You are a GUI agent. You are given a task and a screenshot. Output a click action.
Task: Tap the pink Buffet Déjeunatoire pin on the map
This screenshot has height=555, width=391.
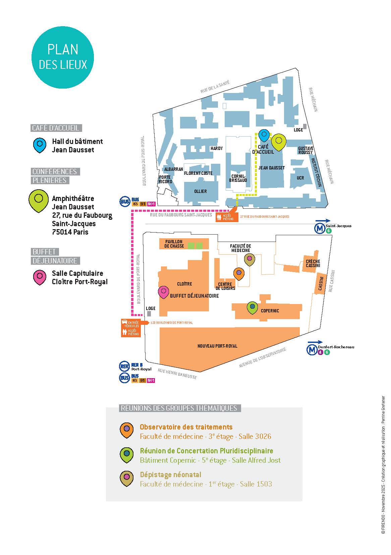[163, 292]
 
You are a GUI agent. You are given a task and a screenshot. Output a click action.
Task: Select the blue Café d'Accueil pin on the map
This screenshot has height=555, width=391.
[264, 135]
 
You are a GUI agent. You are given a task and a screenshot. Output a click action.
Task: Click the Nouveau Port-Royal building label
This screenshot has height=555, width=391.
[217, 346]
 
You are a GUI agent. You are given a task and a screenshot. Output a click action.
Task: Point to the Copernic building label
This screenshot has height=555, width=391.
[270, 311]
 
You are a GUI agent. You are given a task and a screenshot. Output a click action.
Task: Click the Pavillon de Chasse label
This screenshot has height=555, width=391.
[174, 244]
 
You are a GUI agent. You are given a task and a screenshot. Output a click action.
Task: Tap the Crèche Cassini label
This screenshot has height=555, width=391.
[313, 263]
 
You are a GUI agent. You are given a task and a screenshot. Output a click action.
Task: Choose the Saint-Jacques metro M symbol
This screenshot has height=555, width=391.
[319, 228]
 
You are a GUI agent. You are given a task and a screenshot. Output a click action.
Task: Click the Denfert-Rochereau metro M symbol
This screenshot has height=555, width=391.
[312, 350]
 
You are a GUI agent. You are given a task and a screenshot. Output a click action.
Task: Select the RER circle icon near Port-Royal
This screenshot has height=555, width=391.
[124, 366]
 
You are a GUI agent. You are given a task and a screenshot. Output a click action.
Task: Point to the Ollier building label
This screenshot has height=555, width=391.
[201, 191]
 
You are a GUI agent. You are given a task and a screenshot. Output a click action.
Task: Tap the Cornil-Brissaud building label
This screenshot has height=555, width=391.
[238, 178]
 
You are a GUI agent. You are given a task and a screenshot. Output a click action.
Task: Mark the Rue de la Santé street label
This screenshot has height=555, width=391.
[215, 87]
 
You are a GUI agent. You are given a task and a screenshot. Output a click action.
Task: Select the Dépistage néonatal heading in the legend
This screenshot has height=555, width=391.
[170, 475]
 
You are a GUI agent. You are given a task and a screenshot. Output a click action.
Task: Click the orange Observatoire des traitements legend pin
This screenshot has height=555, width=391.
[127, 430]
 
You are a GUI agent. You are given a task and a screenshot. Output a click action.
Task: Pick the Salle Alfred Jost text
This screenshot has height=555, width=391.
[256, 460]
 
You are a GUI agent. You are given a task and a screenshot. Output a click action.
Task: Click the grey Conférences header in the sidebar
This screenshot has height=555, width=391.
[55, 171]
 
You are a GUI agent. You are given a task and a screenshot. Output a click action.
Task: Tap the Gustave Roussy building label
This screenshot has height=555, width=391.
[305, 150]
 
